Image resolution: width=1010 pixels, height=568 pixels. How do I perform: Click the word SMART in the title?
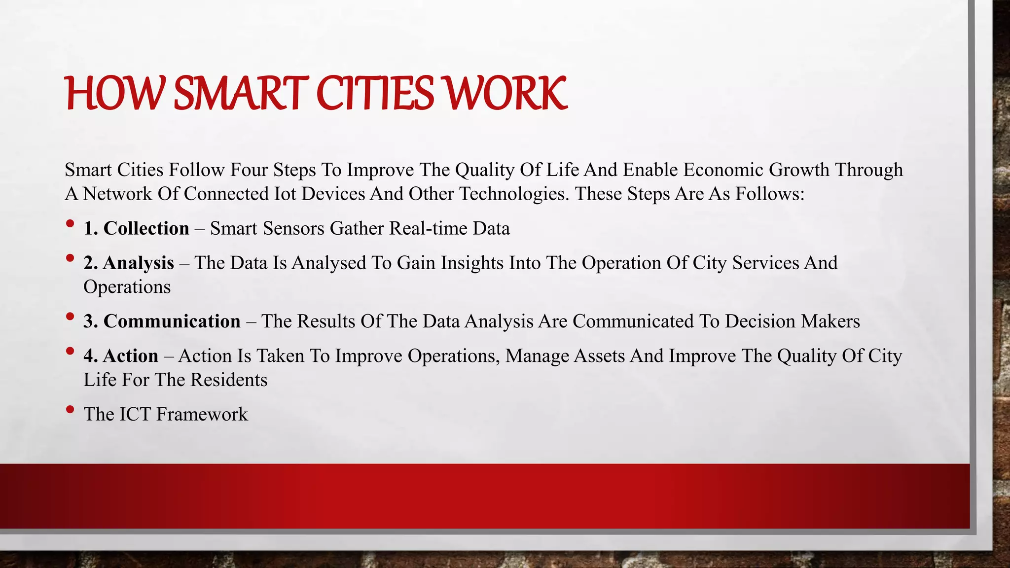click(x=241, y=93)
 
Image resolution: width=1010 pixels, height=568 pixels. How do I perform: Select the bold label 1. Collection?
click(x=137, y=228)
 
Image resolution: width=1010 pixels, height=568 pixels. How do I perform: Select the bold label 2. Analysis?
click(x=129, y=263)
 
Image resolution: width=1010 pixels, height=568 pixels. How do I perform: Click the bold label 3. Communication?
click(x=162, y=321)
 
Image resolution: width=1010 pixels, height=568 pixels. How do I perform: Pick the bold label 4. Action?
click(x=121, y=355)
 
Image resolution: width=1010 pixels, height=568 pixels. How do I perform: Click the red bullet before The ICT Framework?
click(x=70, y=409)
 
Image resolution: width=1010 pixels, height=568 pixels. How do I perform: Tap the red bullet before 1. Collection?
click(x=70, y=224)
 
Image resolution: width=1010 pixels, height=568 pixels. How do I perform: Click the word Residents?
click(x=229, y=380)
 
